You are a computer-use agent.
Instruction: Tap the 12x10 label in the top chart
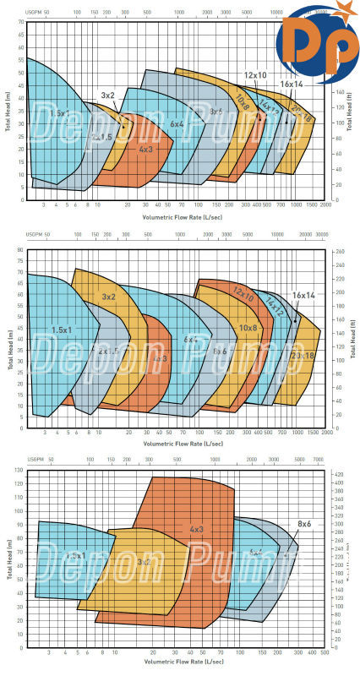coord(256,75)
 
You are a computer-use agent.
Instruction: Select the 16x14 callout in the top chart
coord(291,84)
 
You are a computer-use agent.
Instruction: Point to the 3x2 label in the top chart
coord(108,95)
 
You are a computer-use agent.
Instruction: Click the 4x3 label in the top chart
coord(145,150)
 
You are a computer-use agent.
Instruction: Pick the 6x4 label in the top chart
coord(177,124)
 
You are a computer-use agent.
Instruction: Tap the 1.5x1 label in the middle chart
coord(60,330)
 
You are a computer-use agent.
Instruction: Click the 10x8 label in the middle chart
coord(248,327)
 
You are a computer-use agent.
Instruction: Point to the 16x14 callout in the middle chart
coord(303,296)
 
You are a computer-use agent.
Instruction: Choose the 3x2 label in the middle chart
coord(108,297)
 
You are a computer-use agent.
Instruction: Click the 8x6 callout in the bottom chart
coord(304,525)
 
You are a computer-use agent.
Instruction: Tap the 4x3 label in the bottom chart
coord(196,530)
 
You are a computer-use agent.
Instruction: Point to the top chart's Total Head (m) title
coord(8,114)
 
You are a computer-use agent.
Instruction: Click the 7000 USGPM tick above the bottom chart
coord(318,459)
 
